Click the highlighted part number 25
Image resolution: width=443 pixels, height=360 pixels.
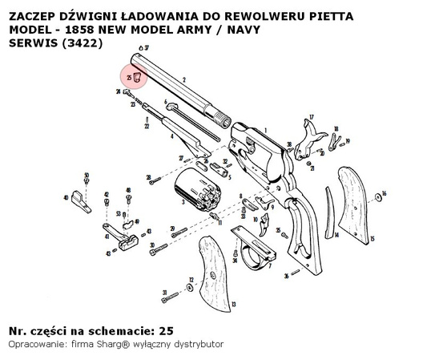coord(136,77)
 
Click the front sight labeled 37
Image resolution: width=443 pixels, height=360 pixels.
coord(139,50)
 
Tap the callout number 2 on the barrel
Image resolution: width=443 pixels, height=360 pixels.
coord(184,79)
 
